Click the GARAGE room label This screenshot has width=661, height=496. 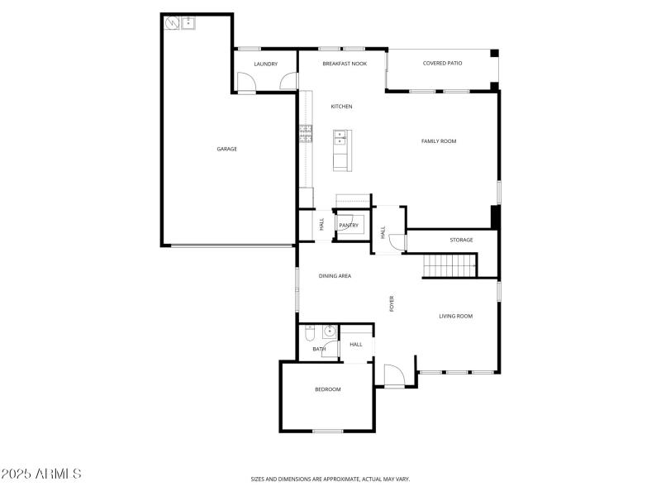click(x=227, y=149)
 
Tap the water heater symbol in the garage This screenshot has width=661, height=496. click(x=171, y=23)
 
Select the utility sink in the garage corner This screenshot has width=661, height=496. click(x=188, y=23)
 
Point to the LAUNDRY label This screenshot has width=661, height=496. click(x=265, y=64)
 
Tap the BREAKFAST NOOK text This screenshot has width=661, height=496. click(x=345, y=64)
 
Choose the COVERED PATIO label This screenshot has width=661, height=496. click(x=443, y=63)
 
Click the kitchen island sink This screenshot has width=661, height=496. click(x=340, y=138)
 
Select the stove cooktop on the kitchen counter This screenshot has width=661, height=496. click(x=306, y=132)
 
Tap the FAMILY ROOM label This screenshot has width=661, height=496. click(x=439, y=141)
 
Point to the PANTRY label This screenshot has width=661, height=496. click(x=348, y=225)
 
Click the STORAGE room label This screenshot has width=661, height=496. click(x=461, y=240)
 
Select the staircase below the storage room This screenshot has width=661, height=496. click(x=450, y=265)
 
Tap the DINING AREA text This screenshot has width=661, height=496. click(x=335, y=275)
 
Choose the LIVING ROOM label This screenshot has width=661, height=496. click(x=455, y=316)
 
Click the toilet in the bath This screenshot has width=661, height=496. click(x=309, y=334)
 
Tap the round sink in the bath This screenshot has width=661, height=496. click(x=329, y=332)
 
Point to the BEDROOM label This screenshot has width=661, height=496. click(x=327, y=389)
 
